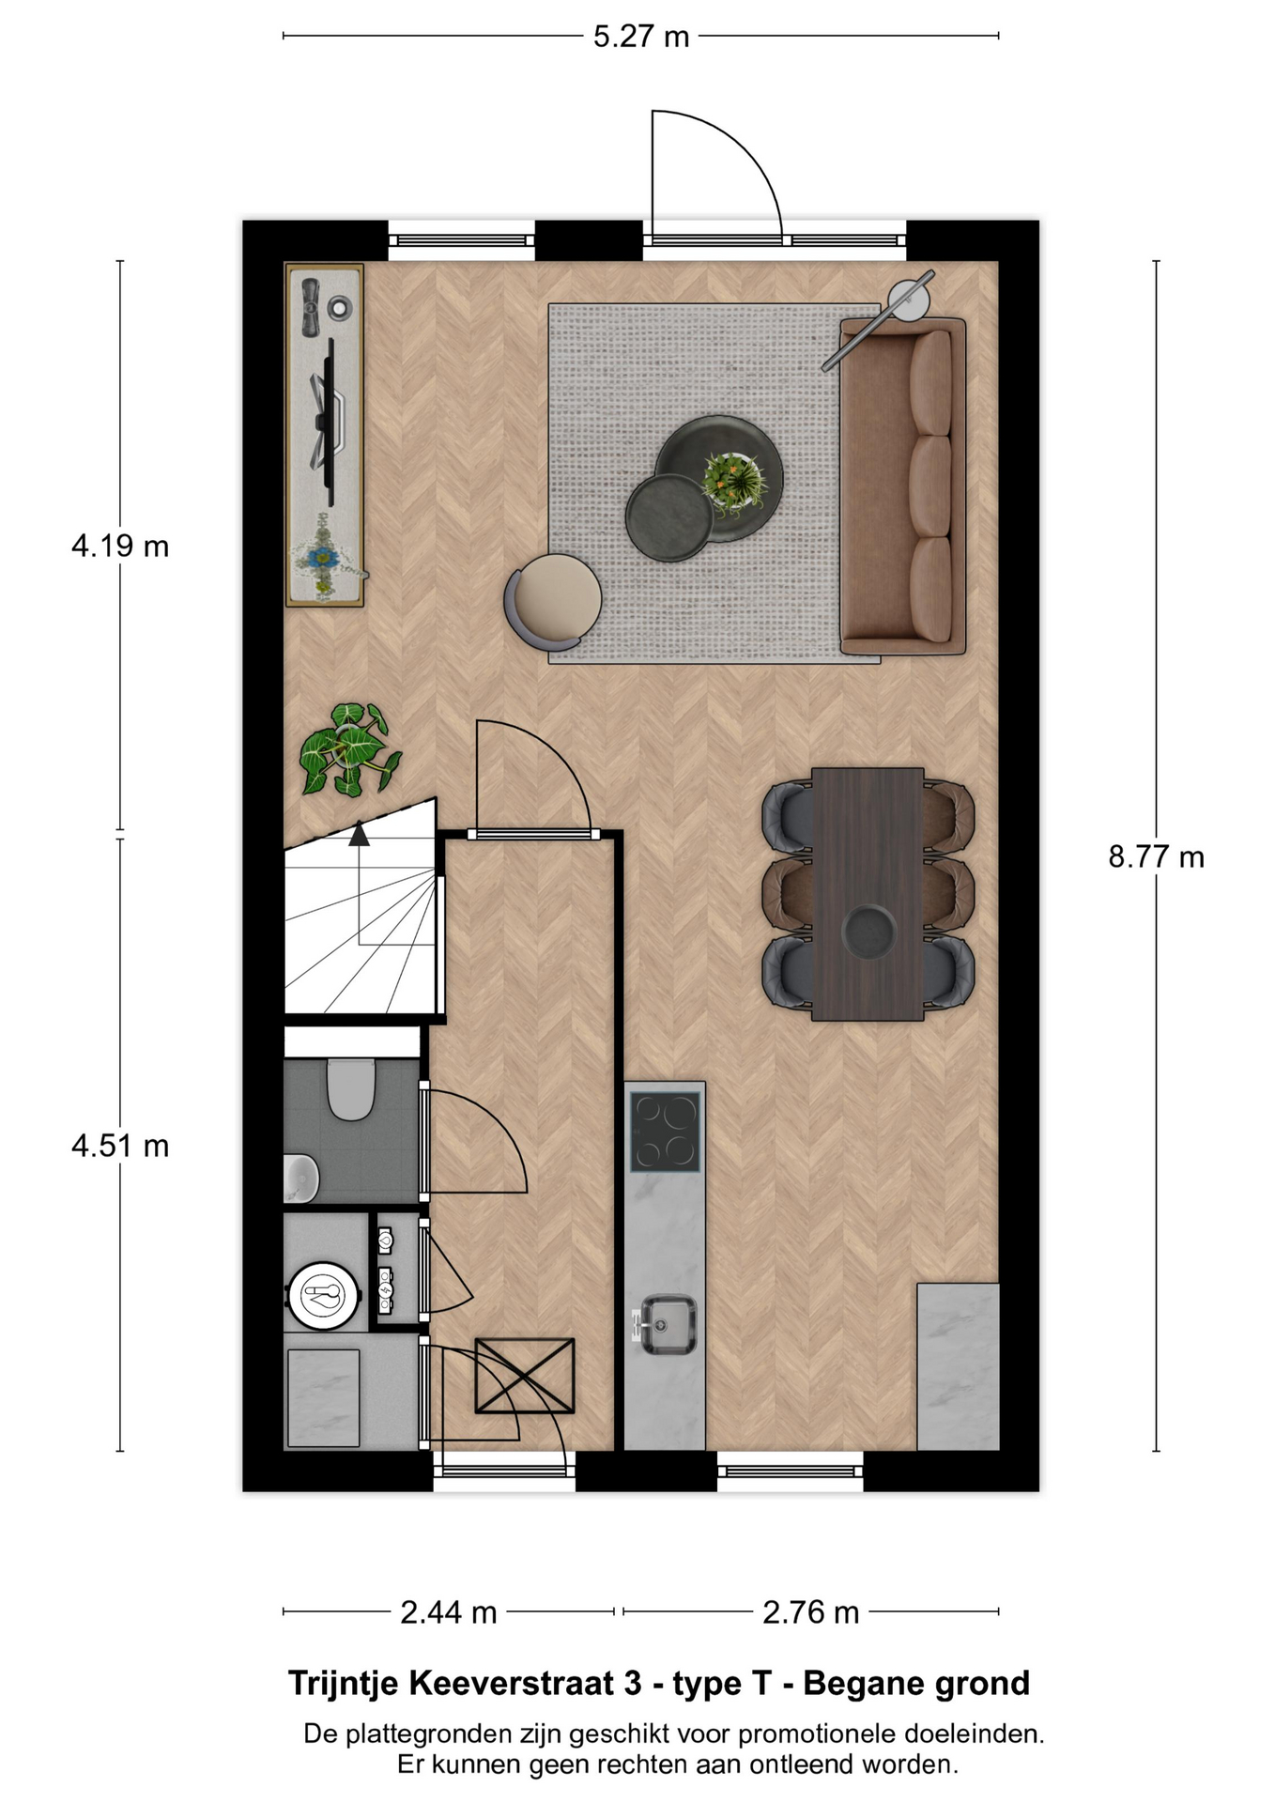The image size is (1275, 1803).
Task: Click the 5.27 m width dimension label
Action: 641,37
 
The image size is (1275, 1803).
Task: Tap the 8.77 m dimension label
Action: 1156,856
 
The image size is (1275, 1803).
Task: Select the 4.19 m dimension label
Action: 120,546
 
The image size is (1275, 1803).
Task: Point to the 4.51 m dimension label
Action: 120,1146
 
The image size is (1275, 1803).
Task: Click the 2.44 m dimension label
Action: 449,1612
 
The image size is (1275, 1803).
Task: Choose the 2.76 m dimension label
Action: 811,1612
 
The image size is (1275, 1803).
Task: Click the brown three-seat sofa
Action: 902,485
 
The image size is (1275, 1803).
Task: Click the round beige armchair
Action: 553,602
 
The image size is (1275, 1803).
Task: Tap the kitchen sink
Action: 668,1325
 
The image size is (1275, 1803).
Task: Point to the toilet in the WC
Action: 350,1089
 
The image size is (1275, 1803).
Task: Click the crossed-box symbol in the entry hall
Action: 525,1376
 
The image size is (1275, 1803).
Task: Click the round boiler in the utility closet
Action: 324,1295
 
